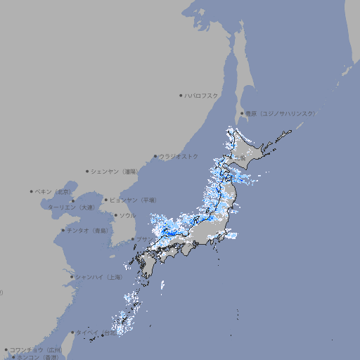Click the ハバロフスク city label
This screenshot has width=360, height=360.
click(202, 95)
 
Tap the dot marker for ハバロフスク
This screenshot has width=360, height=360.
click(181, 95)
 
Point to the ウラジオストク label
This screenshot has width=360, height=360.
click(179, 156)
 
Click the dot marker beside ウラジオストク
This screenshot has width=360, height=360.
click(155, 156)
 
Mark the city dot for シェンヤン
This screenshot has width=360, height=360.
click(88, 171)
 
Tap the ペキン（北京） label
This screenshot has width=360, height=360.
click(54, 191)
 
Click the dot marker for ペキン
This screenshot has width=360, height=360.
click(32, 191)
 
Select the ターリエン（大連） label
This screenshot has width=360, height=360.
click(70, 207)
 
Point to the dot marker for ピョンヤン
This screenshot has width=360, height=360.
click(106, 200)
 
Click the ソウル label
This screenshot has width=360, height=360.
click(127, 215)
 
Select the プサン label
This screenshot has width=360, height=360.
click(143, 240)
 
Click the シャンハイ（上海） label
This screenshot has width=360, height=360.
click(99, 277)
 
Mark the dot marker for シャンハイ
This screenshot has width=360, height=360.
click(72, 277)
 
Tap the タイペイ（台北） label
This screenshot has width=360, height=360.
click(96, 332)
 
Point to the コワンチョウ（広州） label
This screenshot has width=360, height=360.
click(35, 349)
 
